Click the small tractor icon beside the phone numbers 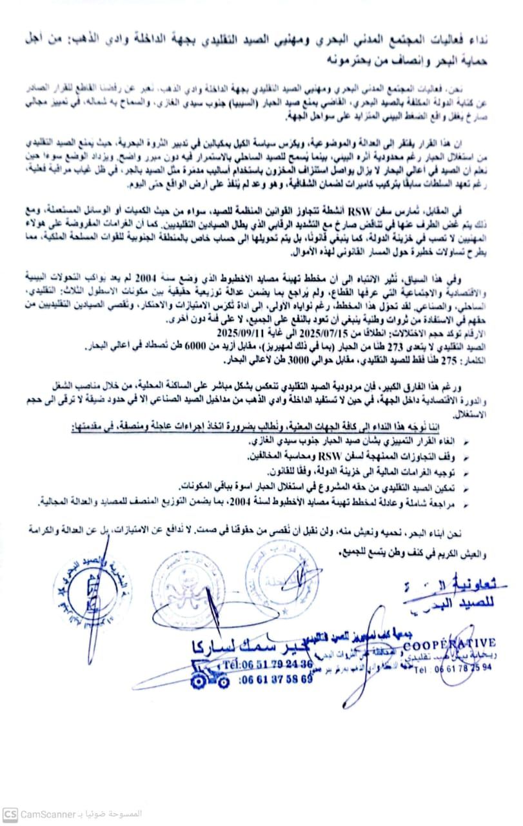pos(210,675)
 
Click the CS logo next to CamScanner pos(9,814)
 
